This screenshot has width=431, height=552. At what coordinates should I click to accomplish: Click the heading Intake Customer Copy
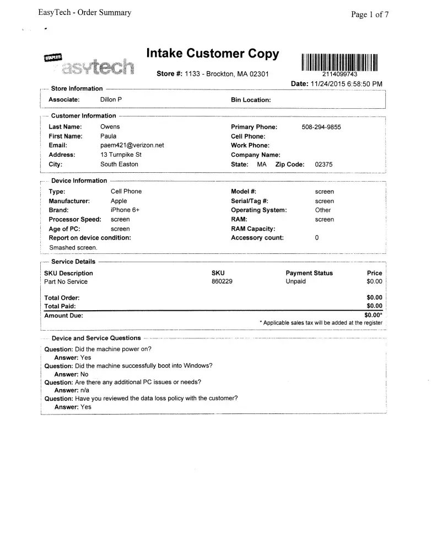[213, 54]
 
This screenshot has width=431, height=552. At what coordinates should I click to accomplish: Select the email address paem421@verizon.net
[132, 145]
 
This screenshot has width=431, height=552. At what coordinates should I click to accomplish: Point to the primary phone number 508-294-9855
[321, 127]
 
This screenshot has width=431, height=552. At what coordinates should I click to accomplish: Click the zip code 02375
[324, 164]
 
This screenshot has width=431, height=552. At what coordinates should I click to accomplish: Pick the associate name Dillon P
[111, 99]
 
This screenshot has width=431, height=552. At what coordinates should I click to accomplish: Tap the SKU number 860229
[221, 282]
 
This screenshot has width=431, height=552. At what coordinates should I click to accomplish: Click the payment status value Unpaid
[295, 282]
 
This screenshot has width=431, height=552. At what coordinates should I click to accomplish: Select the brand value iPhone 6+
[125, 210]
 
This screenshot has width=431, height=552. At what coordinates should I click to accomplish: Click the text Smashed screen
[73, 248]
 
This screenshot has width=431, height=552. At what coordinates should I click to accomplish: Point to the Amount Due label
[64, 316]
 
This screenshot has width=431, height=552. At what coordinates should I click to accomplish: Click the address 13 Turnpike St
[121, 155]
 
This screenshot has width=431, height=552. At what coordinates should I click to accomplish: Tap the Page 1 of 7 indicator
[370, 15]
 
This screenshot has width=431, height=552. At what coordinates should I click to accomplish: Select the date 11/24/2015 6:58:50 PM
[347, 83]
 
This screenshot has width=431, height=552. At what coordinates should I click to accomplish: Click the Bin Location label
[251, 100]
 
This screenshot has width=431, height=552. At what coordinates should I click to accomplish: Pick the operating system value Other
[323, 210]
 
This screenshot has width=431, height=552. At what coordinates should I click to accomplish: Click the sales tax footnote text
[321, 322]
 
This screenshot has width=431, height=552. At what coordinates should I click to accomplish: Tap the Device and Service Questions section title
[96, 338]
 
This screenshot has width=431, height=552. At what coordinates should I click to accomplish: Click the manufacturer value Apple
[118, 201]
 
